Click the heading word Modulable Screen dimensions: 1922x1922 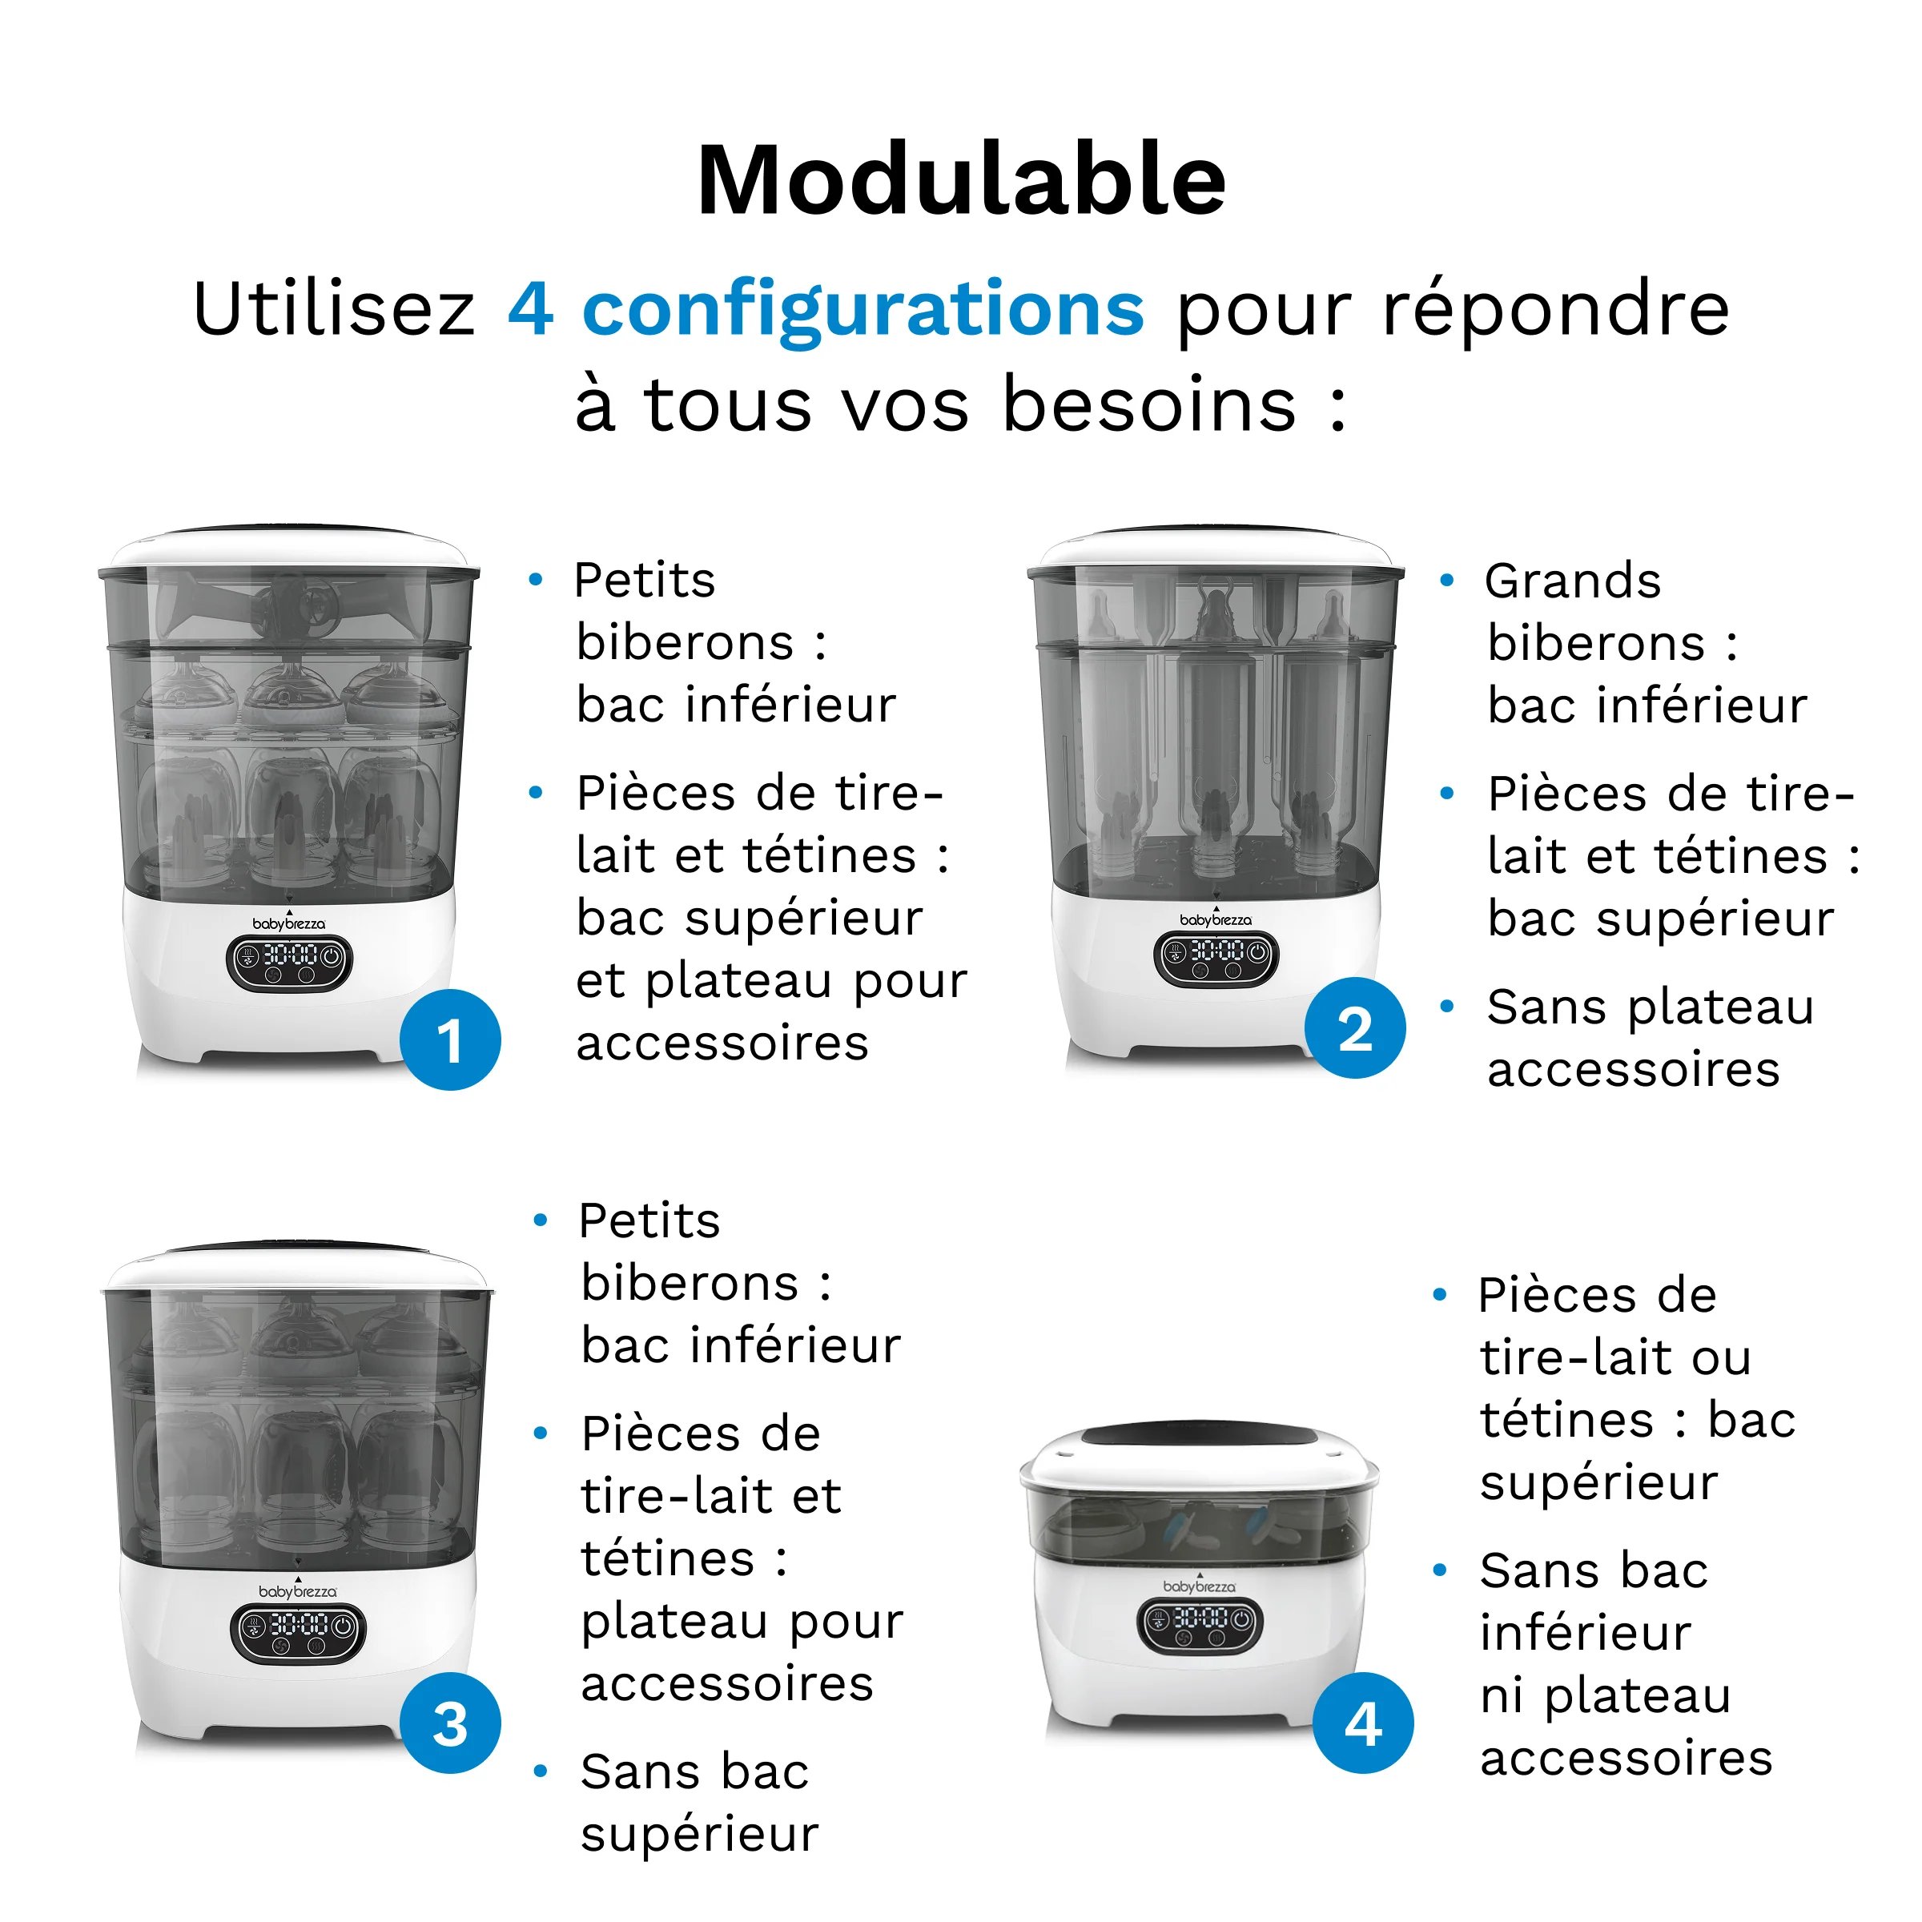pos(961,181)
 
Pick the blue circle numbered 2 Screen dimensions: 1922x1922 pos(1355,1027)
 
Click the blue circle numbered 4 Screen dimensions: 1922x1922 pos(1363,1723)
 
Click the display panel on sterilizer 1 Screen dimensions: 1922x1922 pos(289,960)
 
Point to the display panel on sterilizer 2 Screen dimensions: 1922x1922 pos(1216,956)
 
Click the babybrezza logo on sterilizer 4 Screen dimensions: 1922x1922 pos(1199,1586)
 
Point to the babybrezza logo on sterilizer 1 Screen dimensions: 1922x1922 pos(288,924)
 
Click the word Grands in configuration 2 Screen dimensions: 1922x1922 pos(1573,581)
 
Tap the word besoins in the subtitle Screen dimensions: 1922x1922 pos(1149,405)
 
